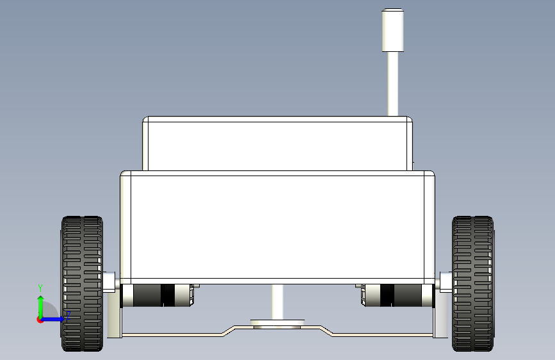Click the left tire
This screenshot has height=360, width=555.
click(82, 284)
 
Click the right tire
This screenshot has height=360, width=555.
click(473, 284)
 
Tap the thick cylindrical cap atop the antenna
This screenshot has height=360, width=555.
click(392, 30)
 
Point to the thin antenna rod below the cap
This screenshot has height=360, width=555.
click(392, 84)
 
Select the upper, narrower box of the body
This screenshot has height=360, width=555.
click(278, 143)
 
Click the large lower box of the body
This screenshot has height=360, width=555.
click(278, 227)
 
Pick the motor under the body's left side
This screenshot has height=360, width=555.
click(157, 295)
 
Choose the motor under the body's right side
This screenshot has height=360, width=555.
click(398, 295)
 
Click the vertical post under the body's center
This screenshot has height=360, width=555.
click(278, 302)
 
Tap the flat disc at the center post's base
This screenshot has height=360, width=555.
click(278, 322)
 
